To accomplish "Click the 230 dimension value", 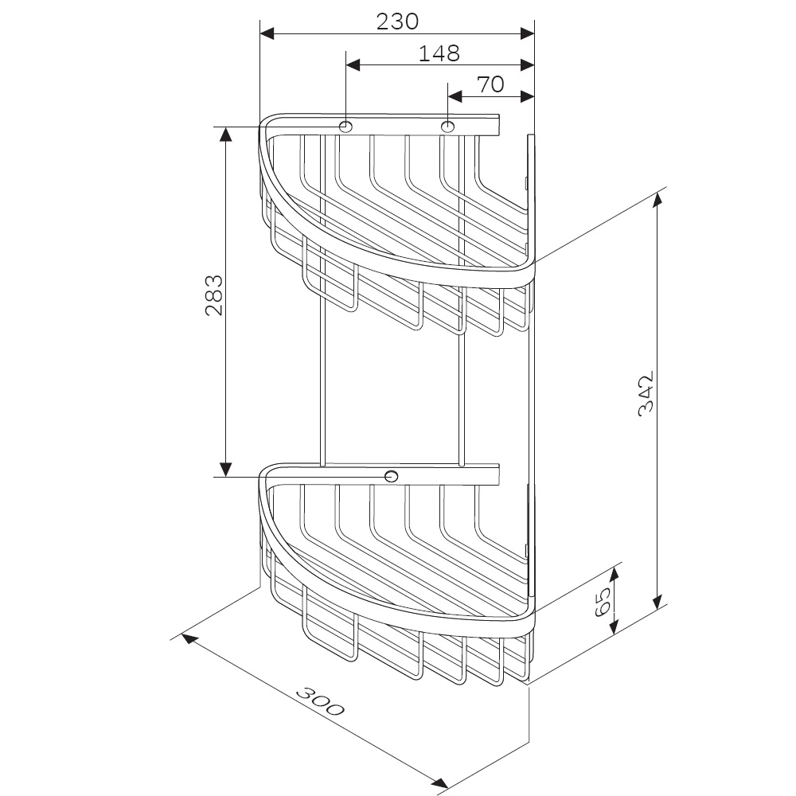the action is [x=397, y=21].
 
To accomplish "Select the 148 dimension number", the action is [x=439, y=53].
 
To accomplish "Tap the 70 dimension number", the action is [x=491, y=84].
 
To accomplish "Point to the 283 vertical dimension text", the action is [x=214, y=295].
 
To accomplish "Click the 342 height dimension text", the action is [x=646, y=394].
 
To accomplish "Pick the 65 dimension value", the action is [x=603, y=602].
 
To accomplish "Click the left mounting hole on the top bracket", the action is [x=345, y=126].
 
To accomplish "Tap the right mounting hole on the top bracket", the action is [x=447, y=126].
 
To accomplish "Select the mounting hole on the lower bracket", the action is [x=392, y=476].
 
